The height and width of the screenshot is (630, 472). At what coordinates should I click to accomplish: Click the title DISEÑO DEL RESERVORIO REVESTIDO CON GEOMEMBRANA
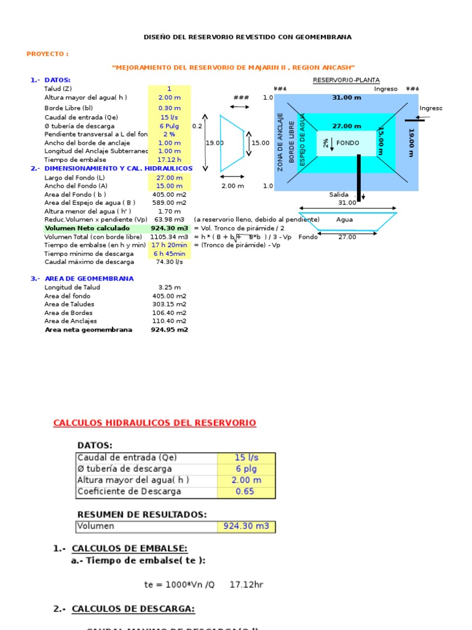pyautogui.click(x=248, y=37)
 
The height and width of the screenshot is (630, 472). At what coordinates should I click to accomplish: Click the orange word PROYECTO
pyautogui.click(x=46, y=54)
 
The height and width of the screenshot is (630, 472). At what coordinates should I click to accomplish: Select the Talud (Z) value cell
pyautogui.click(x=169, y=89)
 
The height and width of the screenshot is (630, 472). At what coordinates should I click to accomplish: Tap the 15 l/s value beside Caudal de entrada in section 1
pyautogui.click(x=169, y=117)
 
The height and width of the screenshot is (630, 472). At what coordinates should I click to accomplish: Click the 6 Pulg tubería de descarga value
pyautogui.click(x=169, y=126)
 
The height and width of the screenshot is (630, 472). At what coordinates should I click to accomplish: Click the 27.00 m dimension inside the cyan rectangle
pyautogui.click(x=347, y=126)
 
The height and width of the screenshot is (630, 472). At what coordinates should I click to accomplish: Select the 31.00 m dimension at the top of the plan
pyautogui.click(x=347, y=97)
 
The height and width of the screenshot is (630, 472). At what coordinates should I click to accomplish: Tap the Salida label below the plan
pyautogui.click(x=339, y=194)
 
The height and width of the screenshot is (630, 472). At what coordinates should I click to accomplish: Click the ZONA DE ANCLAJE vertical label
pyautogui.click(x=280, y=142)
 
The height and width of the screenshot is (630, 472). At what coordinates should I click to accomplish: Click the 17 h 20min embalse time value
pyautogui.click(x=169, y=245)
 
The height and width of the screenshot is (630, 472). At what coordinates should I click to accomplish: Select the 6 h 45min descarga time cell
pyautogui.click(x=169, y=253)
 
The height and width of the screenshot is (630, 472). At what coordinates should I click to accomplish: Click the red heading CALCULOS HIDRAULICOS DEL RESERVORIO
pyautogui.click(x=154, y=423)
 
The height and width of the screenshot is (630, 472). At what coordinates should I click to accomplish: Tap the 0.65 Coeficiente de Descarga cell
pyautogui.click(x=246, y=492)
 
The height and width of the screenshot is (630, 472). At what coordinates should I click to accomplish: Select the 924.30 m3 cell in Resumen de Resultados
pyautogui.click(x=246, y=527)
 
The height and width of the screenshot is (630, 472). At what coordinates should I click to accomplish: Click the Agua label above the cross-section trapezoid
pyautogui.click(x=345, y=220)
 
